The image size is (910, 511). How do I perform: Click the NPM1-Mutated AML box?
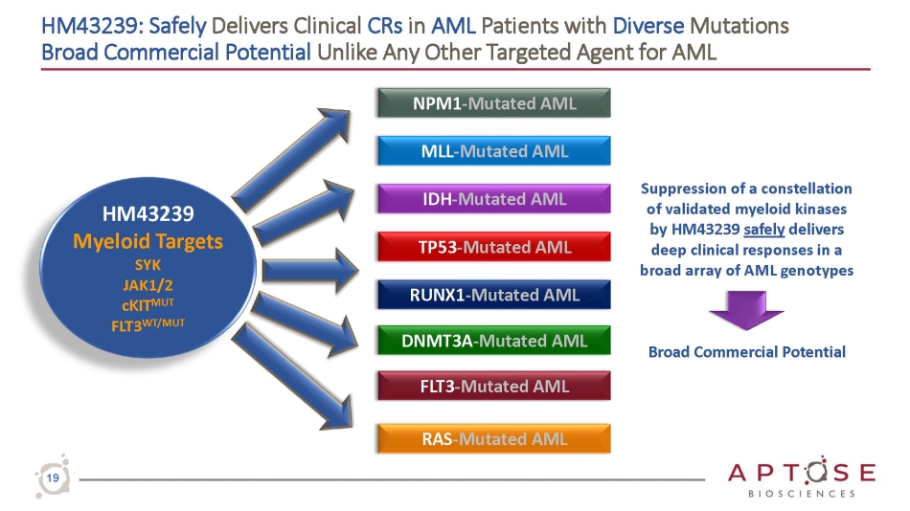tap(494, 103)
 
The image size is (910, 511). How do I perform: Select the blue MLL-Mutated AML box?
tap(494, 151)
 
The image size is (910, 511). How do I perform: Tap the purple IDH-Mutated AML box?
tap(494, 199)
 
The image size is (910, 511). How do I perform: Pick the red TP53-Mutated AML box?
tap(494, 247)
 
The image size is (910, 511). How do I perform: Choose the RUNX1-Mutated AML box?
tap(494, 295)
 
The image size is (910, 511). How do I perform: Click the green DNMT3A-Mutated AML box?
tap(494, 340)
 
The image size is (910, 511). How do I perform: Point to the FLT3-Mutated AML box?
tap(494, 387)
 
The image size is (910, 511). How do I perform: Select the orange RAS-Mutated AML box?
tap(494, 439)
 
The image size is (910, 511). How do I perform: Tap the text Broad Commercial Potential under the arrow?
tap(746, 352)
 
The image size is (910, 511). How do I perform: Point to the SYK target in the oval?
tap(148, 265)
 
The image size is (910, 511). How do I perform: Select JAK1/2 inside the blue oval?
tap(148, 284)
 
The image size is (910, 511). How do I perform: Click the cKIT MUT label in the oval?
tap(148, 303)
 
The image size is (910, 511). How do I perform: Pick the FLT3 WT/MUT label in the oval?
tap(148, 323)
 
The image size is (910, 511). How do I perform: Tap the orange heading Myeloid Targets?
tap(148, 240)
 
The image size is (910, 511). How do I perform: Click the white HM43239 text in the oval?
tap(148, 212)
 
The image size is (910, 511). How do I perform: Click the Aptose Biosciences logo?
tap(801, 478)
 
